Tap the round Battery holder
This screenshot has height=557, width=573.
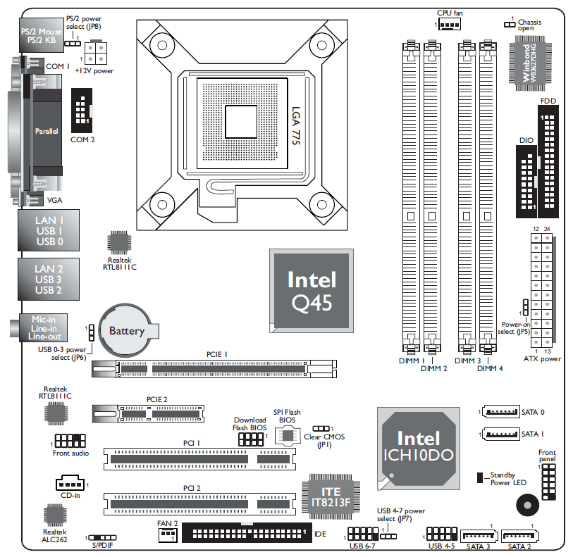127,330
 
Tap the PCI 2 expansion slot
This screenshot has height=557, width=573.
199,503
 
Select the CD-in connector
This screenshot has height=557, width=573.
69,484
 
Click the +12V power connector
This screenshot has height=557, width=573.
97,54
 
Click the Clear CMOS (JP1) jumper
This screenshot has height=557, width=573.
322,428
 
